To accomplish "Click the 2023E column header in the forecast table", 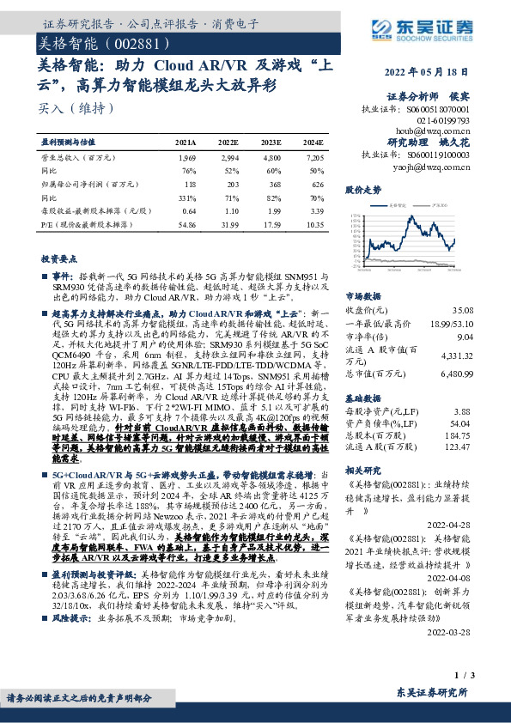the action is tap(271, 142).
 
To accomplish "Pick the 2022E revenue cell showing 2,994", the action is tap(228, 159).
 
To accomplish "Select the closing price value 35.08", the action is tap(462, 309).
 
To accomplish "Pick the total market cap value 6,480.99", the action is tap(455, 374).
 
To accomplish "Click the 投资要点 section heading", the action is tap(60, 258).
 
